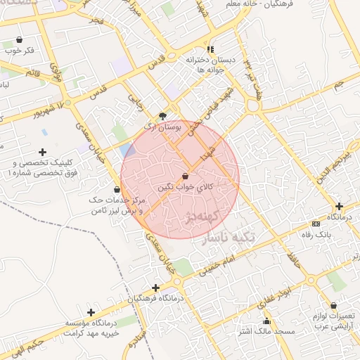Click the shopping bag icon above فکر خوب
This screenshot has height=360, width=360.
pos(18,39)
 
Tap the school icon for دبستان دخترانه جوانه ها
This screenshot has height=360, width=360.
pos(210,49)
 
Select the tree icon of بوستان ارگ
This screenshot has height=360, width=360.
pos(163,115)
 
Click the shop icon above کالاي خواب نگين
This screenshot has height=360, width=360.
pos(185,175)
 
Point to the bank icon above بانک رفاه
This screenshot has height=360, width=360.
pos(315,224)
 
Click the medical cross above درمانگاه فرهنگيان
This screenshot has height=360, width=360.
pos(155,287)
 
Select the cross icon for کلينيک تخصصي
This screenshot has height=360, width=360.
pos(43,151)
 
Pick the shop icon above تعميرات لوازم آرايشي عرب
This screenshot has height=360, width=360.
pos(333,306)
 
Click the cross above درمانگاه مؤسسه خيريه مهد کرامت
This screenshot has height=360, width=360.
pos(90,311)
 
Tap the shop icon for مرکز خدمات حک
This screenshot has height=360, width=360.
pos(117,190)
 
